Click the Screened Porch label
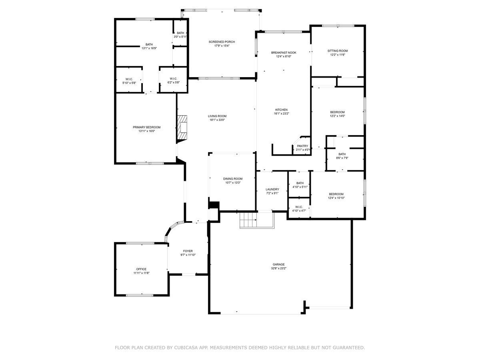[222, 42]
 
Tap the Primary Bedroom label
[146, 127]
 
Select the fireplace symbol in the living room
[183, 128]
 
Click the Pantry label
[302, 146]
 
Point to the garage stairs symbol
[248, 220]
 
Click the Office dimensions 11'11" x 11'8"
[141, 273]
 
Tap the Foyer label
[188, 251]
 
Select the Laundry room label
[272, 189]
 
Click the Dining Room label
[232, 179]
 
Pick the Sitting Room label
[337, 51]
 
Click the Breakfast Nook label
[283, 53]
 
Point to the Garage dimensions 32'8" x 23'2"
[278, 268]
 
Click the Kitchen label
[281, 110]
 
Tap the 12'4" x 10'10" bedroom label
[336, 194]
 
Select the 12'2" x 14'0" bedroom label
[337, 112]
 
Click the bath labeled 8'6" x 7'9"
[342, 154]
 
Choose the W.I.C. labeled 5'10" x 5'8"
[129, 79]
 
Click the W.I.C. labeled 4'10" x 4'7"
[299, 207]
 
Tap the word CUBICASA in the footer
[187, 348]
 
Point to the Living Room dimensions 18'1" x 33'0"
[217, 120]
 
